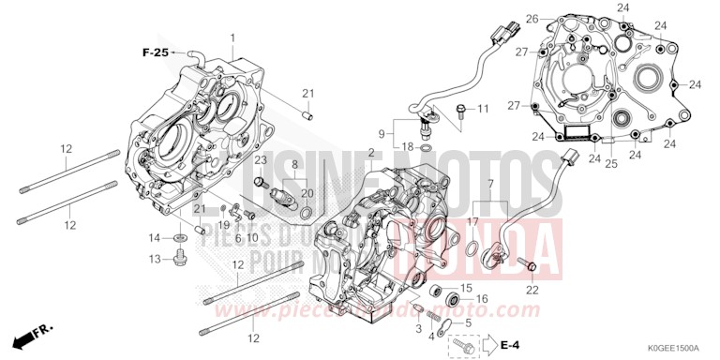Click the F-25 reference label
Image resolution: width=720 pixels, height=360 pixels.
156,53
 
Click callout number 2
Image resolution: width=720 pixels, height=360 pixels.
371,152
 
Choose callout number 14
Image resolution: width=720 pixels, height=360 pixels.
153,237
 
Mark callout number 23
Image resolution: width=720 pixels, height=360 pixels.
234,160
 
